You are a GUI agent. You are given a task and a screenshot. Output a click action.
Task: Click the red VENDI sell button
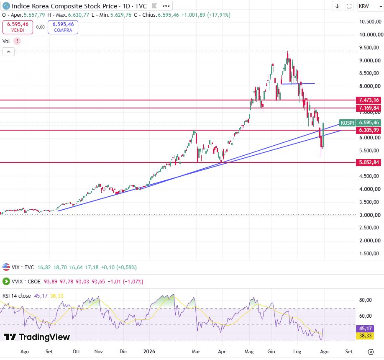tap(18, 27)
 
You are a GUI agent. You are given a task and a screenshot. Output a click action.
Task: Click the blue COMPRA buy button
tap(63, 27)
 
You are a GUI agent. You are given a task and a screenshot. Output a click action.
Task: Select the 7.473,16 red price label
tap(369, 100)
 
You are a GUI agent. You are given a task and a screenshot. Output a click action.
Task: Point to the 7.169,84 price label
tap(369, 108)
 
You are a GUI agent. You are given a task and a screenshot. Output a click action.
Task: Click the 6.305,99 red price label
tap(369, 130)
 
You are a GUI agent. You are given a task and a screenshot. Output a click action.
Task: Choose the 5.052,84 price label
tap(369, 162)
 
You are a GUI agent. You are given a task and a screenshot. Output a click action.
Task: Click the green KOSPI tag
tap(347, 123)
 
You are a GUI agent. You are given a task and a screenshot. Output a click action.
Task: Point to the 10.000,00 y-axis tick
tap(371, 35)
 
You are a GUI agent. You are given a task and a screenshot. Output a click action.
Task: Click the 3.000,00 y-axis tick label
tap(370, 215)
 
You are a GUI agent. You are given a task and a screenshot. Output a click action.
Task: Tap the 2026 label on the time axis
tap(149, 352)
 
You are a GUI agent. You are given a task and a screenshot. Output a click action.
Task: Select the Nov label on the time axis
tap(98, 352)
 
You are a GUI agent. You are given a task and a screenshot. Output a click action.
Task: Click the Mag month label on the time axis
tap(249, 352)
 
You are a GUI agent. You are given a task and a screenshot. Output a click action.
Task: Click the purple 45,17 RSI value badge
tap(366, 328)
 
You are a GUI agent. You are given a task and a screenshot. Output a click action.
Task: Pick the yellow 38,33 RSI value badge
tap(366, 335)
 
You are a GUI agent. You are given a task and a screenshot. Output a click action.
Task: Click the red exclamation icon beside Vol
tap(17, 41)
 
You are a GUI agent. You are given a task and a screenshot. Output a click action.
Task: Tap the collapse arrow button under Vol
tap(8, 52)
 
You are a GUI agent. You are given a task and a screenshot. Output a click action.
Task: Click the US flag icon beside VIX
tap(6, 267)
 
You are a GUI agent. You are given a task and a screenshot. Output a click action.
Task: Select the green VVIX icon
tap(6, 281)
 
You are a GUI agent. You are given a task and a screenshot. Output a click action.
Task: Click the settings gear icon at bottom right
tap(371, 352)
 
